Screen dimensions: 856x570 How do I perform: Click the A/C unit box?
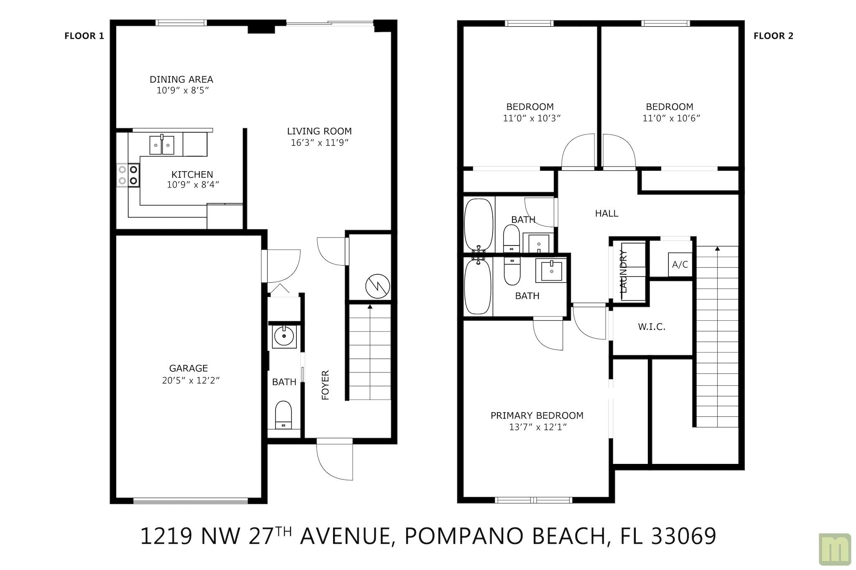pyautogui.click(x=680, y=264)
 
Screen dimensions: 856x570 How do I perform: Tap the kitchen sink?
pyautogui.click(x=162, y=144)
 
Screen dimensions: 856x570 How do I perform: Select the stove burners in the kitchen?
pyautogui.click(x=128, y=175)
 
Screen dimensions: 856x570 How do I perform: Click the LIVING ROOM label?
pyautogui.click(x=319, y=131)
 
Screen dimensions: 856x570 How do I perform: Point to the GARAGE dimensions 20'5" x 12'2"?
pyautogui.click(x=191, y=380)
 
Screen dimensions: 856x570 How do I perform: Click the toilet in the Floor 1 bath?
pyautogui.click(x=283, y=415)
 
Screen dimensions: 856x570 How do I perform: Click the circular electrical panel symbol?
pyautogui.click(x=377, y=286)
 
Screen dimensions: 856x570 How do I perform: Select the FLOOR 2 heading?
pyautogui.click(x=773, y=36)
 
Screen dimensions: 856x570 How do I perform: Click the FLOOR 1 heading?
pyautogui.click(x=84, y=36)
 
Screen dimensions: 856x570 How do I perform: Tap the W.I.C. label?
pyautogui.click(x=652, y=327)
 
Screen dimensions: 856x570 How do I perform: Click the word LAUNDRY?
pyautogui.click(x=623, y=271)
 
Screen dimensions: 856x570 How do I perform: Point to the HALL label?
pyautogui.click(x=606, y=213)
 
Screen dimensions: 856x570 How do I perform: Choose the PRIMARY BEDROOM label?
pyautogui.click(x=537, y=415)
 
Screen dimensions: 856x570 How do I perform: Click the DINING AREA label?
pyautogui.click(x=181, y=79)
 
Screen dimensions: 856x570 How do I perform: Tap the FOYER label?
pyautogui.click(x=325, y=385)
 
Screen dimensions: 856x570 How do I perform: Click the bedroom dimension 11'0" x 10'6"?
pyautogui.click(x=671, y=118)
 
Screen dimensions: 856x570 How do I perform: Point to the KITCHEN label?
pyautogui.click(x=192, y=175)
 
